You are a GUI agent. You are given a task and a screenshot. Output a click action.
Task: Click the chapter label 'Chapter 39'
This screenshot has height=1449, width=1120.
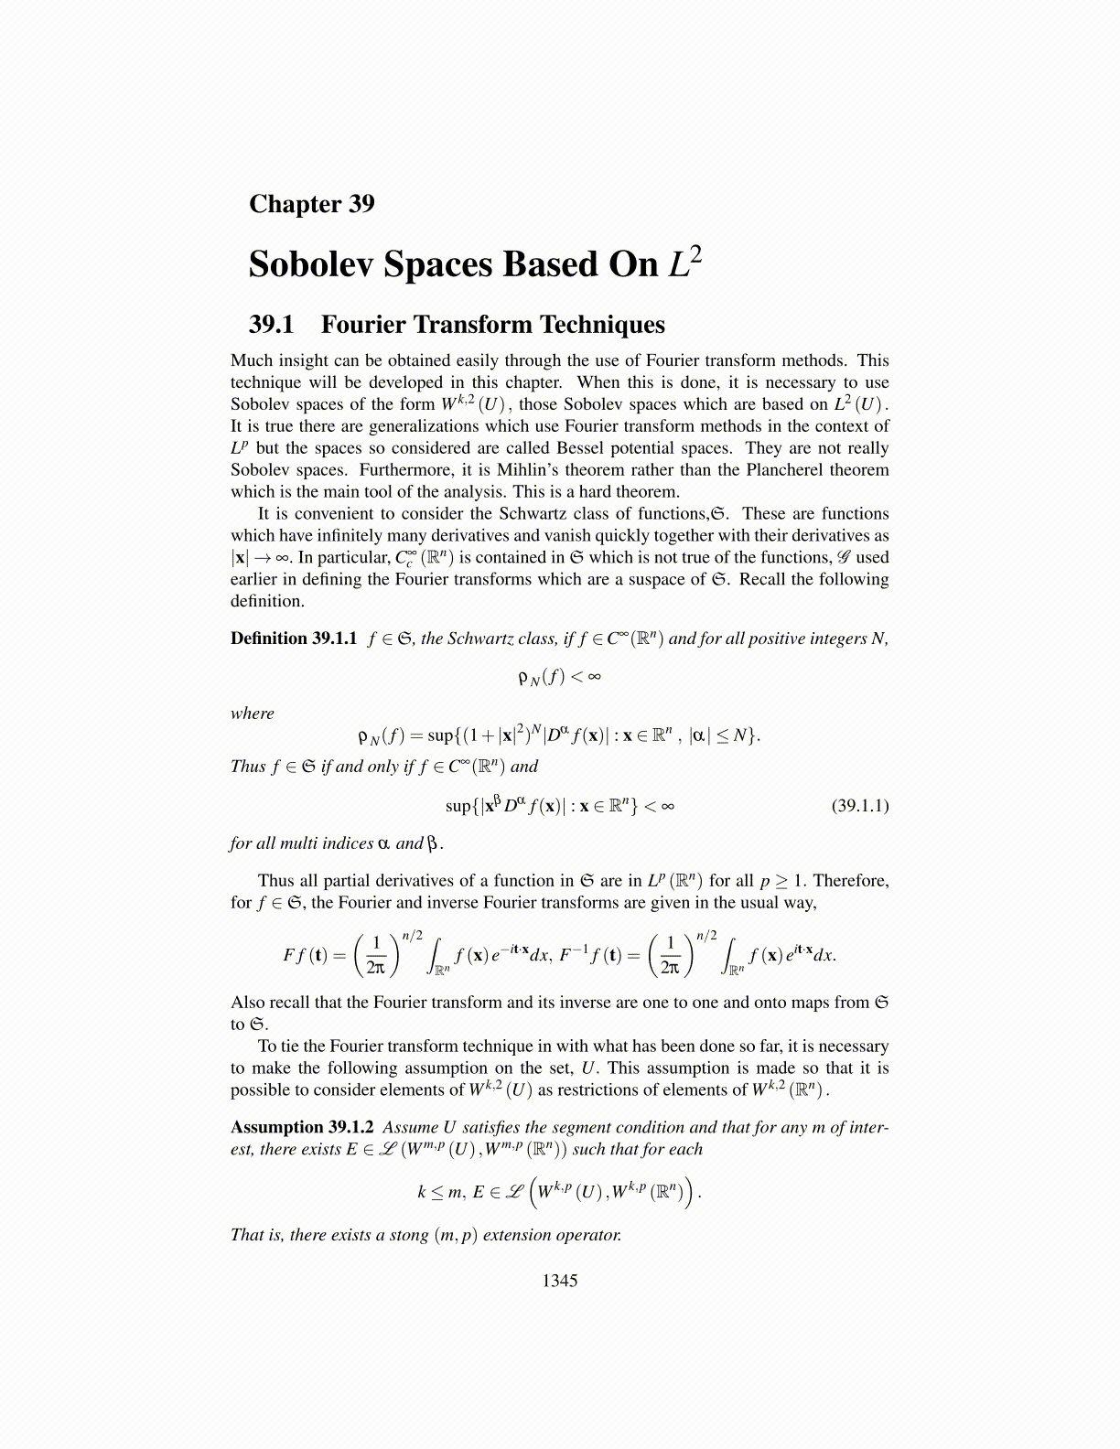click(x=311, y=203)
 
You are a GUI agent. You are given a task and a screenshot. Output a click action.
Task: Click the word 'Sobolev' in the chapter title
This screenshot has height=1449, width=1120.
click(x=308, y=264)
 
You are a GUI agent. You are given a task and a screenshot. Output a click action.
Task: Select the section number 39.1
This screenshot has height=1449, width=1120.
click(x=271, y=325)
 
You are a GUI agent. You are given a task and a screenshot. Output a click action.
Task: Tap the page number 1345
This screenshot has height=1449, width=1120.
click(x=559, y=1281)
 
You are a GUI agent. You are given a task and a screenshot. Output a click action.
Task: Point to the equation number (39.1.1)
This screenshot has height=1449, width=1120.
click(x=859, y=806)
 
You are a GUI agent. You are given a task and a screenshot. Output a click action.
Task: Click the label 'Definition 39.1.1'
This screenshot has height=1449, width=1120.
click(x=293, y=639)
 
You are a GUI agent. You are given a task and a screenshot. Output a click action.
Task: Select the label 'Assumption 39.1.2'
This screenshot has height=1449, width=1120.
click(x=301, y=1127)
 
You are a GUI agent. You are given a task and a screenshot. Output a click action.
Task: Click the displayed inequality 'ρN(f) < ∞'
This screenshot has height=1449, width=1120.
click(x=558, y=678)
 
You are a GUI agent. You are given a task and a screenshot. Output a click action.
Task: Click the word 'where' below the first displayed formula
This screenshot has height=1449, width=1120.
click(x=252, y=714)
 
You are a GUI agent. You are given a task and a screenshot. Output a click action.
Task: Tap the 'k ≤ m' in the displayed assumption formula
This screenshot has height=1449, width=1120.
click(x=439, y=1192)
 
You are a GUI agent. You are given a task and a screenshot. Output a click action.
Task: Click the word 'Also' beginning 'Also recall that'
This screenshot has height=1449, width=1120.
click(x=247, y=1003)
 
